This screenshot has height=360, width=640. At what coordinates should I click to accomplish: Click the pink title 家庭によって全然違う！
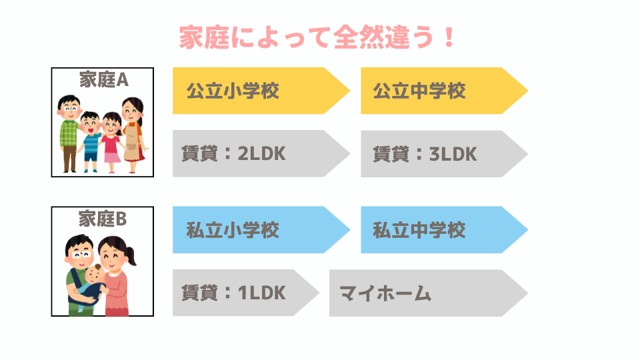pyautogui.click(x=317, y=37)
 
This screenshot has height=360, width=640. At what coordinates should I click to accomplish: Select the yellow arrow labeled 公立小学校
pyautogui.click(x=261, y=91)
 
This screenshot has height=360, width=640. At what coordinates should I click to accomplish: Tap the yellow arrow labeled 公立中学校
pyautogui.click(x=445, y=91)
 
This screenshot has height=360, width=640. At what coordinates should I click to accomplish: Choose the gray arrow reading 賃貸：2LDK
pyautogui.click(x=261, y=153)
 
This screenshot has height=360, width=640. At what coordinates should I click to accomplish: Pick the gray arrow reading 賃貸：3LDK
pyautogui.click(x=445, y=154)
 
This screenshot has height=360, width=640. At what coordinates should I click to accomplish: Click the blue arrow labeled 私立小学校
pyautogui.click(x=261, y=230)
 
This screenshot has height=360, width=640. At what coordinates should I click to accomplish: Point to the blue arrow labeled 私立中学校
pyautogui.click(x=445, y=230)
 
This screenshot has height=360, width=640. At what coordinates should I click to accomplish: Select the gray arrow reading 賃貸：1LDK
pyautogui.click(x=246, y=293)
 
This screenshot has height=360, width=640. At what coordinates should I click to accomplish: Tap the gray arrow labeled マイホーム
pyautogui.click(x=429, y=293)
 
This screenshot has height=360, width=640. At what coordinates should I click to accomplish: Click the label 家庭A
pyautogui.click(x=104, y=79)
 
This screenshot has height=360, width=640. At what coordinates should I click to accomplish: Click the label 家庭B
pyautogui.click(x=103, y=219)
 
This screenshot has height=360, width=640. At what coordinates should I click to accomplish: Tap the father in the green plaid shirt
pyautogui.click(x=69, y=133)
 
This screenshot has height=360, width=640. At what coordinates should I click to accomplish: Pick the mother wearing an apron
pyautogui.click(x=134, y=135)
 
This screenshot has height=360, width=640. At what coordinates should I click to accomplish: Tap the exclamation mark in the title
pyautogui.click(x=449, y=37)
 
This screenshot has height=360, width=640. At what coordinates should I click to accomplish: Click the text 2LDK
pyautogui.click(x=261, y=154)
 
